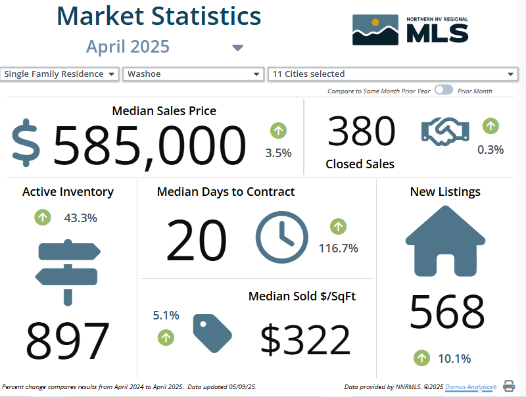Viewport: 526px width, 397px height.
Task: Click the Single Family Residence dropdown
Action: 59,74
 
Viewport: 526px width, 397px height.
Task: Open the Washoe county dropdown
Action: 193,74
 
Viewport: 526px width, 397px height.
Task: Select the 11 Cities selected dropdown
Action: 393,74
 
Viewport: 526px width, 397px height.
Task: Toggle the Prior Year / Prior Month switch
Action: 443,90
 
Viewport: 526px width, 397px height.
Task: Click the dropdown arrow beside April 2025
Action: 237,47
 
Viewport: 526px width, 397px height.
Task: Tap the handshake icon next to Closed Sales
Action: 445,131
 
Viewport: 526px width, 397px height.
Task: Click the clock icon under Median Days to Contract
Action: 282,237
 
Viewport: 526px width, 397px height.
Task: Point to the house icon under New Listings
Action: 446,241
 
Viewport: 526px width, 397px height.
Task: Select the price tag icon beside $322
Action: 212,333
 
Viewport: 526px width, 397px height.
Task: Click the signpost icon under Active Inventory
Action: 68,272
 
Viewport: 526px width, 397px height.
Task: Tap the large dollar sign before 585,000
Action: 26,143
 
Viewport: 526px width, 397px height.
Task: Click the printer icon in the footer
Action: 508,386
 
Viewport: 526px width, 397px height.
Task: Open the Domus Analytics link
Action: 471,387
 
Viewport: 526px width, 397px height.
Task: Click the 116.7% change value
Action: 339,248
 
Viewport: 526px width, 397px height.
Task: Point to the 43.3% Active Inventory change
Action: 80,218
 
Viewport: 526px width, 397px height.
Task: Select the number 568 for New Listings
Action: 447,311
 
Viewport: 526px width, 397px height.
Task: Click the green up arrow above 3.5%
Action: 278,130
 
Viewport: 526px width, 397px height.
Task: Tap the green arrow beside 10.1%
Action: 421,358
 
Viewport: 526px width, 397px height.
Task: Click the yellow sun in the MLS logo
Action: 375,22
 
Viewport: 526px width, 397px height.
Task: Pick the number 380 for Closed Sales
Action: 362,131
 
